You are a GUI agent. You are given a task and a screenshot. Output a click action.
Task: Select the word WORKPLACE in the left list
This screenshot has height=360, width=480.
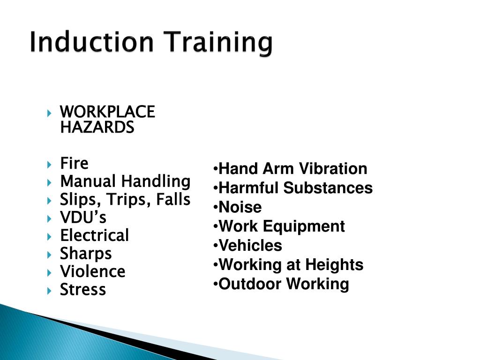tap(107, 112)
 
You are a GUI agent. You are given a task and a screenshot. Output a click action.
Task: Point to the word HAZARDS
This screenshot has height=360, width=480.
tap(97, 127)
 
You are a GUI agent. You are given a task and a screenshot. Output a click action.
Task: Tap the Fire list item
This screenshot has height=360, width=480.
tap(74, 163)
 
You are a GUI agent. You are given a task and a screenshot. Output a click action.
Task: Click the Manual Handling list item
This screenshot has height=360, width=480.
tap(125, 181)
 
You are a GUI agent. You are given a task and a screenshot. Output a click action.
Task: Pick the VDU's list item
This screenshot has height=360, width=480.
tap(83, 217)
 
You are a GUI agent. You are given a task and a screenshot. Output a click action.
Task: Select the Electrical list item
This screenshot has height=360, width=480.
tap(94, 235)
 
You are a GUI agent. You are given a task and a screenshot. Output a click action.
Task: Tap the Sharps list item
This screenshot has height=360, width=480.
tap(86, 254)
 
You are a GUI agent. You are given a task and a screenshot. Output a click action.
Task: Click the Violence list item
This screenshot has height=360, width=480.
tap(92, 271)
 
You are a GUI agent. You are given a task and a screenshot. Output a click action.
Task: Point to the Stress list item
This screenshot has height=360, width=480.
tap(83, 290)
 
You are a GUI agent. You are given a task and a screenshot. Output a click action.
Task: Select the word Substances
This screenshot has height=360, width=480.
tap(328, 188)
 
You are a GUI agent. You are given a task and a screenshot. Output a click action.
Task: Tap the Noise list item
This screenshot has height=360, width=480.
tap(240, 207)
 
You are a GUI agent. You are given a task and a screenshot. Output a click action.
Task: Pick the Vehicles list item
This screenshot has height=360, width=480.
tap(250, 246)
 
